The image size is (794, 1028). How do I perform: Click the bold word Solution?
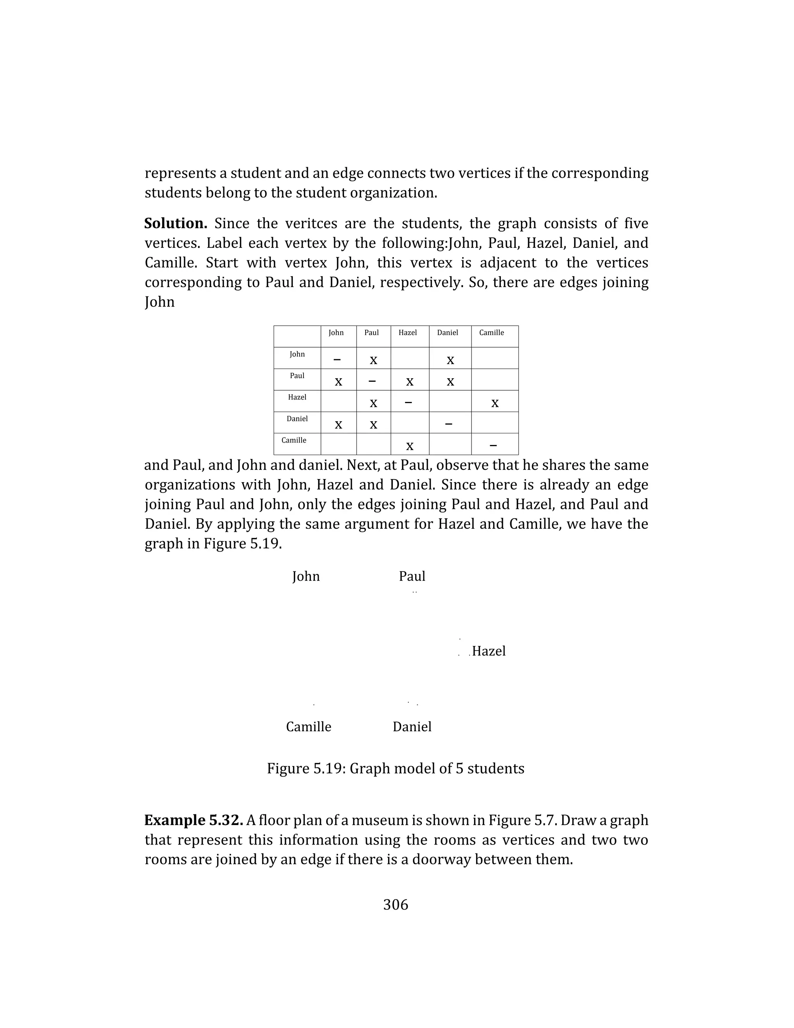(176, 223)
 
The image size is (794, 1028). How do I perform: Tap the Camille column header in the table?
(491, 333)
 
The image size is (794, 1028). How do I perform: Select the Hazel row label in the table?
(297, 397)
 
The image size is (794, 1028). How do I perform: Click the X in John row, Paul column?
(373, 360)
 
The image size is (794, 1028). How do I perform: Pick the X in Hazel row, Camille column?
(494, 403)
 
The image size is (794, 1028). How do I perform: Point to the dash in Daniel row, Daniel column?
(448, 424)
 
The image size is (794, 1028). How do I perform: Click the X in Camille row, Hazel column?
(410, 446)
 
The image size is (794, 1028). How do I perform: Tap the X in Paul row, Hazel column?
(410, 382)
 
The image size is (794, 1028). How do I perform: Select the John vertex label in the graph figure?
(306, 576)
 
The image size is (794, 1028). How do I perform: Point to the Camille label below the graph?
(309, 727)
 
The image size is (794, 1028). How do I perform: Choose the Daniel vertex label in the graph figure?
(412, 727)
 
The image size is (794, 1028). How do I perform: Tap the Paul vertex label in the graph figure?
(412, 576)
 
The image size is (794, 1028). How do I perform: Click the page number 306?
(395, 905)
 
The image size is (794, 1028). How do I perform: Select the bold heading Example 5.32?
(193, 820)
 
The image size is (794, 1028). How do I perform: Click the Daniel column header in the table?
(447, 333)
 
